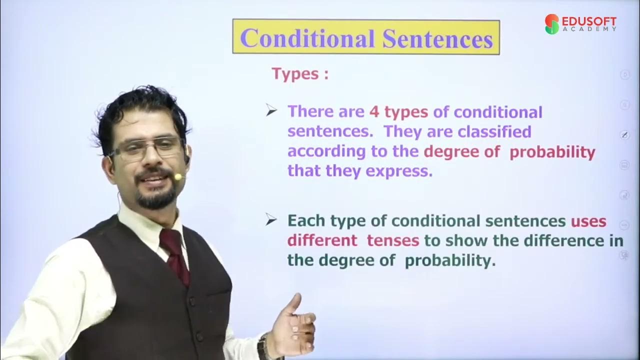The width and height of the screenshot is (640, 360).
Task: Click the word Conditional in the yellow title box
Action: pos(308,38)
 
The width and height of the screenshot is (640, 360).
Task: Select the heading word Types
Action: pos(295,74)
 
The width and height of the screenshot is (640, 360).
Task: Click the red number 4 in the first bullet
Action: pos(374,111)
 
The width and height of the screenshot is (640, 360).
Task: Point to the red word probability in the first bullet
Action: pos(552,152)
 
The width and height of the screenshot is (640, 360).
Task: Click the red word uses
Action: pos(588,221)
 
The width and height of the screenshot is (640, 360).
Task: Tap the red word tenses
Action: pos(392,240)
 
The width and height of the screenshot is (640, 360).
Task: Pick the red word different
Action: pos(322,240)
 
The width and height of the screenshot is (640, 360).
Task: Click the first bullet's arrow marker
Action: pos(271,111)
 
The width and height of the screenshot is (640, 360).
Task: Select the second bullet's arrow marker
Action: pos(271,220)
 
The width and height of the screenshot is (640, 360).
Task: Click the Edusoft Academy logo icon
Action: pos(552,24)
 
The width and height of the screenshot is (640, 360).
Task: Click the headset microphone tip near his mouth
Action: pos(177,176)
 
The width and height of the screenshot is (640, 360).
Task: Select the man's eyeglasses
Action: pos(148,148)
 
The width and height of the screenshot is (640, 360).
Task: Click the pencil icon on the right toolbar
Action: pos(624,135)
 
